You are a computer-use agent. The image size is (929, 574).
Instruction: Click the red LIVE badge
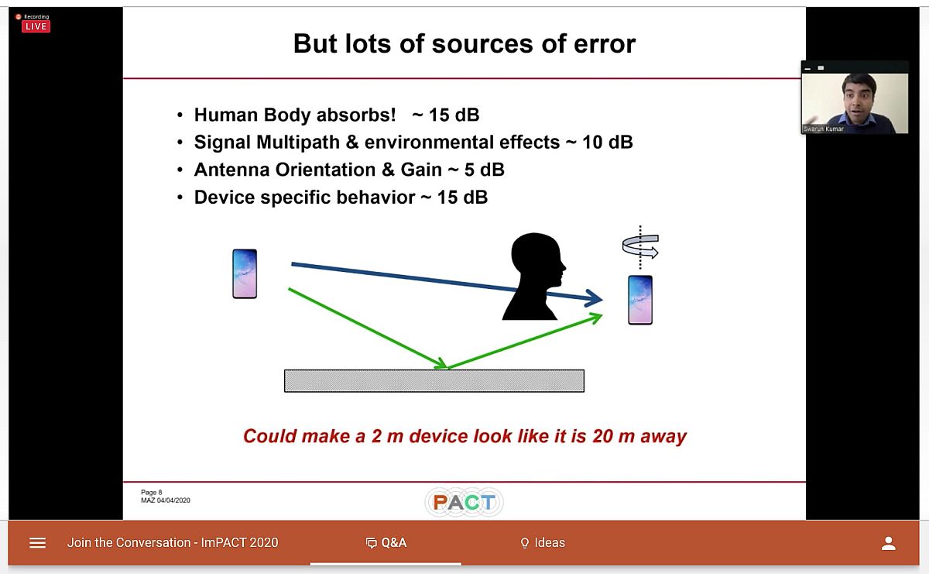(x=36, y=26)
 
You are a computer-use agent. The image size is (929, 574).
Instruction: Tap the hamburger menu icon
(x=37, y=543)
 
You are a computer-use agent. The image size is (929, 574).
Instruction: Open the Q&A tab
(x=386, y=543)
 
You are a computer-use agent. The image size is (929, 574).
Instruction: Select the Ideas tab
(x=543, y=543)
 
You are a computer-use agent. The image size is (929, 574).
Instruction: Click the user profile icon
(x=889, y=543)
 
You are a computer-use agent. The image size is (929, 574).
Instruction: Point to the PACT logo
(x=464, y=502)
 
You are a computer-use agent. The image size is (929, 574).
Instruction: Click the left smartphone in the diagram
(x=245, y=273)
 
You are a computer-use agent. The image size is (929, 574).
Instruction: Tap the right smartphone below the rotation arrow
(x=640, y=300)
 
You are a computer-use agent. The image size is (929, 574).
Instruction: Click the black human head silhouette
(x=534, y=277)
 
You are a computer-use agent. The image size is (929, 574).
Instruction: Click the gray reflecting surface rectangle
(x=434, y=380)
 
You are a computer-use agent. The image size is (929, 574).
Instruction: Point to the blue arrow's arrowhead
(x=594, y=298)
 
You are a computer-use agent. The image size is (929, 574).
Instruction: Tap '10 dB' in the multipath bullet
(x=608, y=142)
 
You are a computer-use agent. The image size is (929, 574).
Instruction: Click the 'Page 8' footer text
(x=152, y=492)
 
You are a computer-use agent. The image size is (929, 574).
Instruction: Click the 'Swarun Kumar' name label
(x=824, y=129)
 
